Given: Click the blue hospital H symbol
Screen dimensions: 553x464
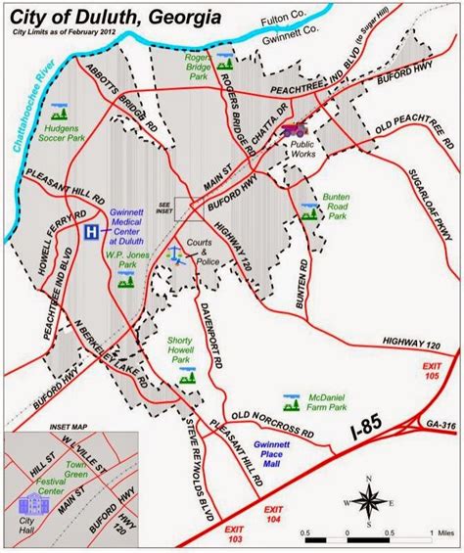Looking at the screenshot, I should point(90,233).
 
